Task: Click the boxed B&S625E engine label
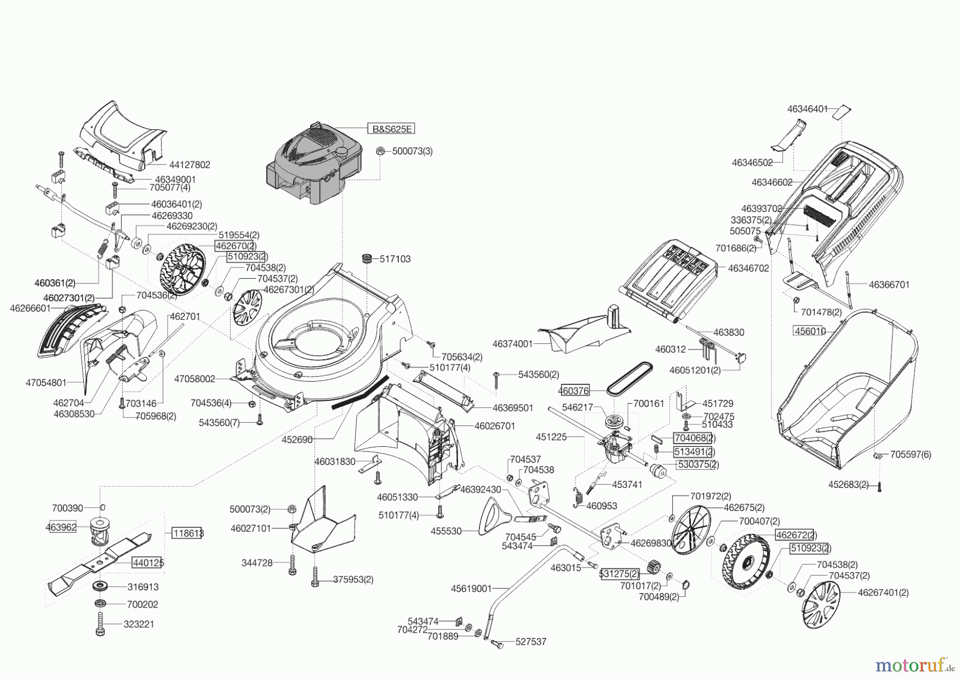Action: coord(390,129)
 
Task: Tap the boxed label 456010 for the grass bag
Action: coord(810,331)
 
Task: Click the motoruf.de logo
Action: coord(913,665)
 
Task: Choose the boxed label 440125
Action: coord(148,563)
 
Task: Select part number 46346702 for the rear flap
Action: coord(749,268)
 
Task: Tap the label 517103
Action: coord(395,259)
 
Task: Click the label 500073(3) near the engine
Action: coord(412,151)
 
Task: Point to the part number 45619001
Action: coord(471,588)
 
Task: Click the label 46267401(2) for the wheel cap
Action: coord(883,592)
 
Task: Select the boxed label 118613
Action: coord(187,533)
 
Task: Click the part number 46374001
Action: coord(513,344)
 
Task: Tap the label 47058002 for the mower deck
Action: coord(194,379)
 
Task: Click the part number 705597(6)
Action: coord(910,454)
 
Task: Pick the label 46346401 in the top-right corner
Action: coord(807,109)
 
